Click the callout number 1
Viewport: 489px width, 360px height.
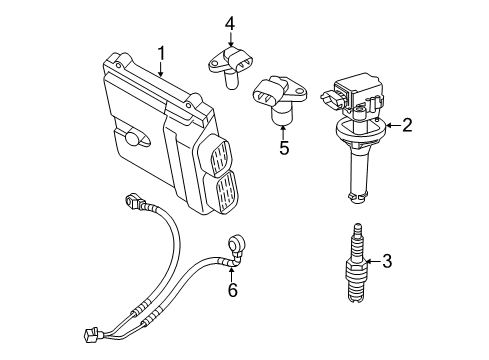[159, 52]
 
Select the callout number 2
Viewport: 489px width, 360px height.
[407, 125]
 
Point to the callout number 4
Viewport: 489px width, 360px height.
[229, 22]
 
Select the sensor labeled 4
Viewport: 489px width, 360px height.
[230, 67]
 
